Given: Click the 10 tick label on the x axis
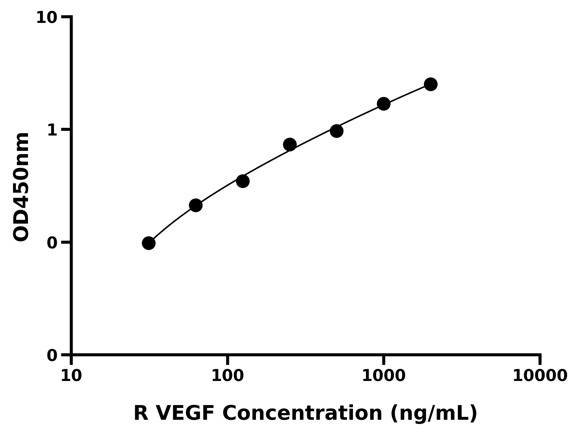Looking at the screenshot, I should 71,376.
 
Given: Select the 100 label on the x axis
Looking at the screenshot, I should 227,376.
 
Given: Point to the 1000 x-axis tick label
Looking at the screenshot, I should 384,376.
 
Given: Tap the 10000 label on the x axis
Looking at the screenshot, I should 540,376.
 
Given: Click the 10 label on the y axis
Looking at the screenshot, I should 47,18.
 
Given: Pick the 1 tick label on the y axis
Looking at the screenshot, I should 52,130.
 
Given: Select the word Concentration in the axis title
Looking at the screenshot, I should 302,414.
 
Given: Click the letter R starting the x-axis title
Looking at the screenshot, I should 141,414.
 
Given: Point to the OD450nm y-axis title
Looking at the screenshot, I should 21,187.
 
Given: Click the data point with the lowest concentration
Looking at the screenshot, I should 149,243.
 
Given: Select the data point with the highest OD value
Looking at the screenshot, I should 431,84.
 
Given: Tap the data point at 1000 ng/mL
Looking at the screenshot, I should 384,104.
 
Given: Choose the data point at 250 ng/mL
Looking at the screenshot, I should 290,145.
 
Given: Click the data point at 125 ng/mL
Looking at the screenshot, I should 243,181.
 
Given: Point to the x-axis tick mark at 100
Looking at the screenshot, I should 227,360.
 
